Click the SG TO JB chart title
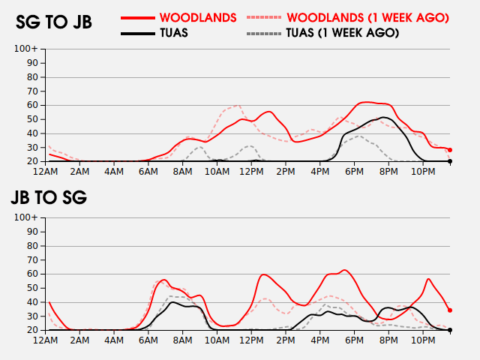pyautogui.click(x=54, y=22)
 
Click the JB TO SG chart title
pyautogui.click(x=49, y=197)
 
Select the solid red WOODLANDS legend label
pyautogui.click(x=198, y=18)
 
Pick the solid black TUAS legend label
pyautogui.click(x=174, y=33)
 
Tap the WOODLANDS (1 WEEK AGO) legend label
pyautogui.click(x=368, y=18)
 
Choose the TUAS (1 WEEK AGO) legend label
pyautogui.click(x=343, y=33)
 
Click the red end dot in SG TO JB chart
pyautogui.click(x=450, y=150)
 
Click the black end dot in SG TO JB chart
pyautogui.click(x=450, y=161)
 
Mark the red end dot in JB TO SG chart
pyautogui.click(x=450, y=310)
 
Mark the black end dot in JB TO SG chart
pyautogui.click(x=450, y=330)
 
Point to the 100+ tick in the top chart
pyautogui.click(x=26, y=49)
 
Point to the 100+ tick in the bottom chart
pyautogui.click(x=26, y=217)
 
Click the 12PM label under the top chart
pyautogui.click(x=251, y=172)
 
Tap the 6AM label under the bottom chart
pyautogui.click(x=148, y=340)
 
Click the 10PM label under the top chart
pyautogui.click(x=423, y=172)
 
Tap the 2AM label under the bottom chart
pyautogui.click(x=79, y=340)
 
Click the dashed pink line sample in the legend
pyautogui.click(x=263, y=18)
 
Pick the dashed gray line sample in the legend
pyautogui.click(x=263, y=33)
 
